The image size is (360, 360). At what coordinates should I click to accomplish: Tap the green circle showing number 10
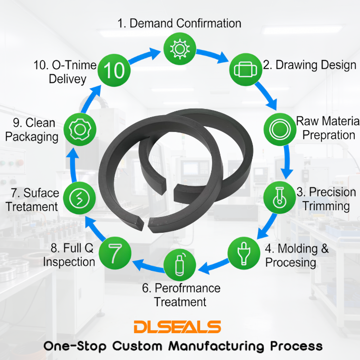pyautogui.click(x=114, y=71)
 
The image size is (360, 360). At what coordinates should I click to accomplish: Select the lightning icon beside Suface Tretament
pyautogui.click(x=77, y=197)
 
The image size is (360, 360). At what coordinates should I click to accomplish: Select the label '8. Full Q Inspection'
pyautogui.click(x=69, y=255)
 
